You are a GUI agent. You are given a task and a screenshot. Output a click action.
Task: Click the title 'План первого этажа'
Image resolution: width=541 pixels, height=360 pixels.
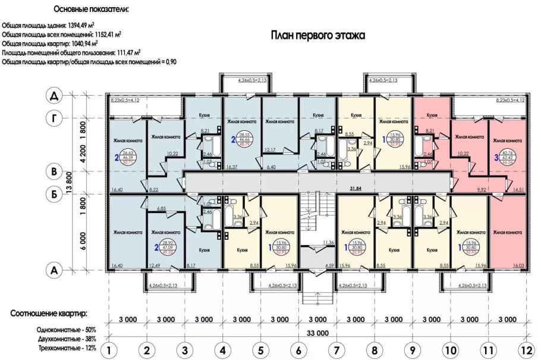point(318,36)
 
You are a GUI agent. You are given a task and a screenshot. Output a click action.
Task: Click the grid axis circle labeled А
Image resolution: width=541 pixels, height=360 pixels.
point(54,270)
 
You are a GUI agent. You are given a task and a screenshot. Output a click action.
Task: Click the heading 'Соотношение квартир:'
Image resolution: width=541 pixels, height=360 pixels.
point(51,313)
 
